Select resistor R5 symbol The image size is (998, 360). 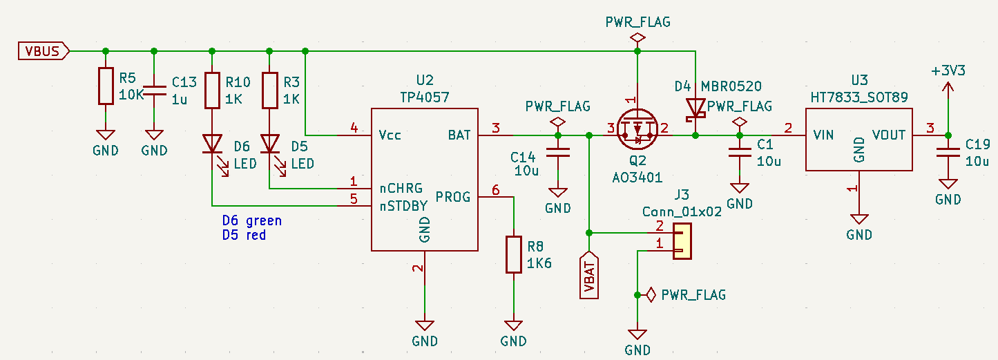tap(105, 86)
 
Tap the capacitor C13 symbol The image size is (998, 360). tap(154, 89)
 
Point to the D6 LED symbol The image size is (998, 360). tap(212, 144)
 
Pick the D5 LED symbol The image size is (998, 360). tap(269, 144)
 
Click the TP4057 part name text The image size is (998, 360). tap(424, 98)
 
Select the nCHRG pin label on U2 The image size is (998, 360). tap(402, 188)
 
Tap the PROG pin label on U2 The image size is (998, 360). tap(453, 196)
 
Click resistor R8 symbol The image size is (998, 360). tap(513, 254)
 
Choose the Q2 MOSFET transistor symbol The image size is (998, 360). tap(637, 130)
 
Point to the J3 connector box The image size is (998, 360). tap(682, 241)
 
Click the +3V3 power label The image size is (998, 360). tap(948, 71)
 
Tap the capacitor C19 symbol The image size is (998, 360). tap(948, 153)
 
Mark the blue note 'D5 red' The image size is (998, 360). tap(244, 235)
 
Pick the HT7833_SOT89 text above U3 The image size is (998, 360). tap(859, 99)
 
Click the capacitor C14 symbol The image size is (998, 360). tap(558, 153)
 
